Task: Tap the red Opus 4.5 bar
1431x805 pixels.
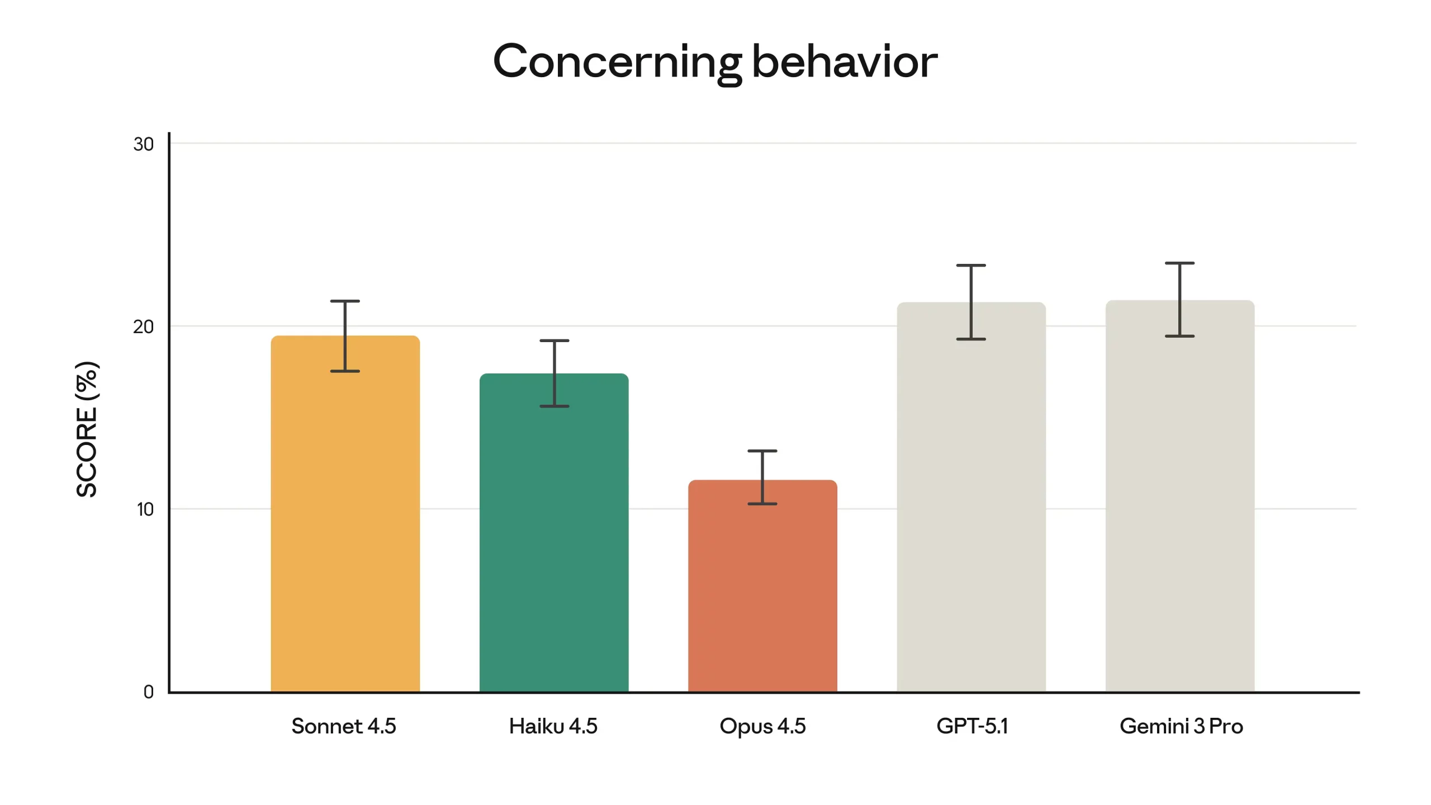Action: [x=762, y=593]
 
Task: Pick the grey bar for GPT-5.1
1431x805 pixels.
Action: [x=971, y=503]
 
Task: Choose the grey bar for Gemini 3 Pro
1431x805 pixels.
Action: [x=1180, y=503]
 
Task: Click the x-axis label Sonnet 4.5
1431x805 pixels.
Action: [x=344, y=726]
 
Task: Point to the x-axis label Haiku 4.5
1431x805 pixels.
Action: [x=553, y=726]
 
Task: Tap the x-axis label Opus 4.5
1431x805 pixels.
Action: [x=762, y=726]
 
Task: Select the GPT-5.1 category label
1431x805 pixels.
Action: [x=972, y=726]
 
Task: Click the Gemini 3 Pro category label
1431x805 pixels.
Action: [x=1181, y=726]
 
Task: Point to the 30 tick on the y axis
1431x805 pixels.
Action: [x=143, y=144]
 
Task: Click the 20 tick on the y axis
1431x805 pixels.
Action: [x=143, y=326]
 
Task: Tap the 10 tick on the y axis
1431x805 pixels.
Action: [x=145, y=509]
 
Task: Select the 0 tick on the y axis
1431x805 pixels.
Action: [x=148, y=692]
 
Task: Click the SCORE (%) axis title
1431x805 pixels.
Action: [x=87, y=429]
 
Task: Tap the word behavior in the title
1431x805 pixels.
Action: [x=845, y=61]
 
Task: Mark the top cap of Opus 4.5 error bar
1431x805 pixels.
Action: [x=762, y=451]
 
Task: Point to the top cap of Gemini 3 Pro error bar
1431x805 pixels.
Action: [x=1180, y=263]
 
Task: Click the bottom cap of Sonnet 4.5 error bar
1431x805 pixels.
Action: [x=345, y=371]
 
